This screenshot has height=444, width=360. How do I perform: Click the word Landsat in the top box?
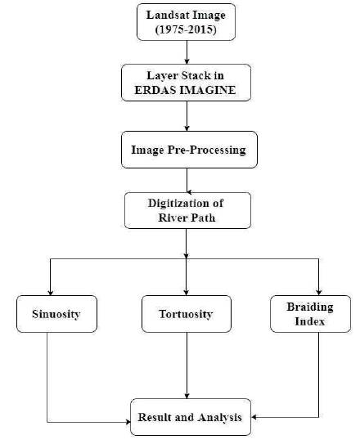tap(164, 15)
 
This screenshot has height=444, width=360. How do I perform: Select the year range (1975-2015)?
tap(186, 29)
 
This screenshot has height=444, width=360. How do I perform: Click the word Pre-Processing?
tap(206, 150)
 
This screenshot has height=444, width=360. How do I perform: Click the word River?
tap(171, 218)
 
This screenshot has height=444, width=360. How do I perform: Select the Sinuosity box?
tap(56, 314)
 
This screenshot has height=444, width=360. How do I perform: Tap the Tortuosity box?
tap(187, 314)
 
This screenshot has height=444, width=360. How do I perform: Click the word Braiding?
tap(310, 307)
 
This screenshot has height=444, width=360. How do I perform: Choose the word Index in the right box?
tap(310, 321)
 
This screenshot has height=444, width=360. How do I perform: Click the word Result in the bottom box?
tap(155, 417)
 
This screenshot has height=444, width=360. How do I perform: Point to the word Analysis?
tap(220, 417)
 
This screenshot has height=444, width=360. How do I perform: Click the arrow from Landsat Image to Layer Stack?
tap(187, 52)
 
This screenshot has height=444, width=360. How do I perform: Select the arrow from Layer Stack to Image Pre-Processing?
tap(187, 116)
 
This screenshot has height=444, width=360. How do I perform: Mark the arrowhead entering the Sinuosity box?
tap(51, 292)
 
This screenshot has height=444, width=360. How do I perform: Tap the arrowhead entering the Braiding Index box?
tap(318, 292)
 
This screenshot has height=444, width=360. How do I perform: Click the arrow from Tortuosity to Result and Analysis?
tap(187, 366)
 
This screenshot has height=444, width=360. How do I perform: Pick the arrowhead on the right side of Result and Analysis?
tap(254, 417)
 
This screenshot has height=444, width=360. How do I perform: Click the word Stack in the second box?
tap(196, 75)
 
